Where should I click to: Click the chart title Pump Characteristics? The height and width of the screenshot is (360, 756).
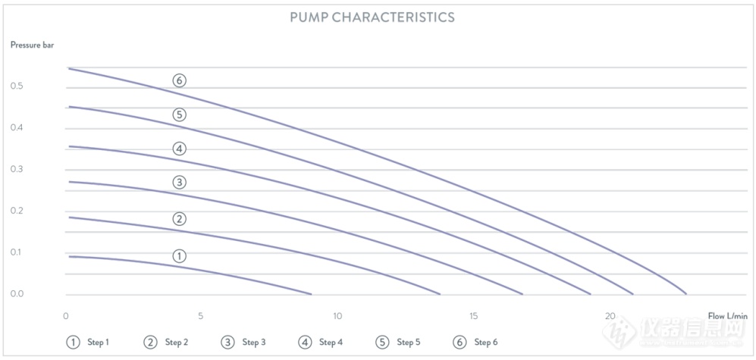pos(372,17)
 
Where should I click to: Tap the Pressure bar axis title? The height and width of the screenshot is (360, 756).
pos(33,45)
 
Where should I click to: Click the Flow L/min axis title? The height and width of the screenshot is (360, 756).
pos(728,316)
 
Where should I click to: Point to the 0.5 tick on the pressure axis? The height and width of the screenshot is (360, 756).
pos(17,86)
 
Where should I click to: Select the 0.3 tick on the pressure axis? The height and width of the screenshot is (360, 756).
pos(17,170)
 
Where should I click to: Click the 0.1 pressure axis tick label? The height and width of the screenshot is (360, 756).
pos(17,252)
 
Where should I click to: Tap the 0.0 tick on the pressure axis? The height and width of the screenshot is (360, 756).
pos(17,294)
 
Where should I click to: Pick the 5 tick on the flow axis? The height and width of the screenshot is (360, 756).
pos(201,317)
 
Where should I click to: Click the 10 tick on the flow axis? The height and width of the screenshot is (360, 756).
pos(337,317)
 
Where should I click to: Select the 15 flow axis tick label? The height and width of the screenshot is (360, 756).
pos(474,317)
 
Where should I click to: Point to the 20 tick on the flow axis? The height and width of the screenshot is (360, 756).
pos(610,317)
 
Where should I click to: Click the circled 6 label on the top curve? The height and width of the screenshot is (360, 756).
pos(180,80)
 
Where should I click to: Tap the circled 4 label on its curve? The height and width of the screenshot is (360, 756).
pos(180,149)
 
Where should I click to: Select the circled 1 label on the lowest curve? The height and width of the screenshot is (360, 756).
pos(180,256)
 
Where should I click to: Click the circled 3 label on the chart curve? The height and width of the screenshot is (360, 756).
pos(180,183)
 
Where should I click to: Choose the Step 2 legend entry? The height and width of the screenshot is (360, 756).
pos(166,343)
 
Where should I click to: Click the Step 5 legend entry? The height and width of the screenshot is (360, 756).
pos(398,343)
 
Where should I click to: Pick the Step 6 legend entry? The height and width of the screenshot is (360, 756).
pos(475,343)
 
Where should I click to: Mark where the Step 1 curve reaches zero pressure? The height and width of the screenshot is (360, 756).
pos(311,294)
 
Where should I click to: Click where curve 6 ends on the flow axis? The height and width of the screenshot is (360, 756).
pos(686,293)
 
